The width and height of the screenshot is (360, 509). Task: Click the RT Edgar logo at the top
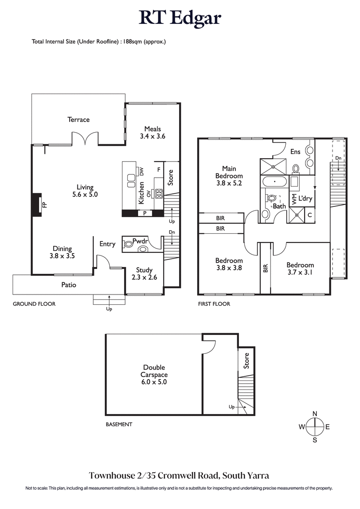pyautogui.click(x=180, y=18)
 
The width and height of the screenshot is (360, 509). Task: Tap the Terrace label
pyautogui.click(x=79, y=120)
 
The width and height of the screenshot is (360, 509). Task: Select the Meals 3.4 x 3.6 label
pyautogui.click(x=153, y=132)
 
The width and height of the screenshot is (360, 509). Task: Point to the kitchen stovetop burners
pyautogui.click(x=158, y=193)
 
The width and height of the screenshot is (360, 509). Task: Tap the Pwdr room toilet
pyautogui.click(x=128, y=244)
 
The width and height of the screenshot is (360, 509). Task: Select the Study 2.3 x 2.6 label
pyautogui.click(x=144, y=274)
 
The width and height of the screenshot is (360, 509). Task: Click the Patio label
pyautogui.click(x=69, y=285)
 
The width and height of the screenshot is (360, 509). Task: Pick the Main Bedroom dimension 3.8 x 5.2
pyautogui.click(x=229, y=183)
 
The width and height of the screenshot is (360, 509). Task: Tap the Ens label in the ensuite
pyautogui.click(x=295, y=152)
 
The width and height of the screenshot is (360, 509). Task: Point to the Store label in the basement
pyautogui.click(x=246, y=361)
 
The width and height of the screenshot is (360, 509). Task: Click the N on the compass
pyautogui.click(x=315, y=414)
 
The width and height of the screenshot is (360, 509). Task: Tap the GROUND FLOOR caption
pyautogui.click(x=34, y=304)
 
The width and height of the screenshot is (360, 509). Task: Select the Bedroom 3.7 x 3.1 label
pyautogui.click(x=300, y=268)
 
